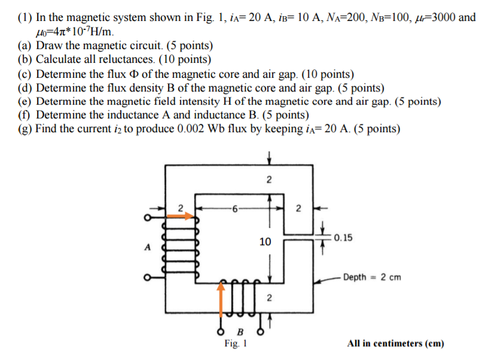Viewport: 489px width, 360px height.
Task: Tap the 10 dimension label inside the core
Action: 265,242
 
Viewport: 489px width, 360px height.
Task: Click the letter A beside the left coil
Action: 143,248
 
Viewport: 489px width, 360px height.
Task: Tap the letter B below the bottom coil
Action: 240,331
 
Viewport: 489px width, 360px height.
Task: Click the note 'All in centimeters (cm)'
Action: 395,343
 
